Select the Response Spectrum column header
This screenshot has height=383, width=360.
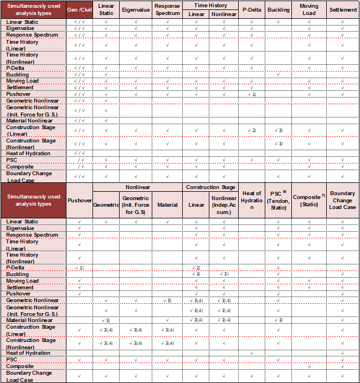[x=167, y=10]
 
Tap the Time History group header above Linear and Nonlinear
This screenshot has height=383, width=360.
[x=211, y=5]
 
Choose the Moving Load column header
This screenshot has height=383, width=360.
[x=309, y=10]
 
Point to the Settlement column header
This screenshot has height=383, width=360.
[x=343, y=10]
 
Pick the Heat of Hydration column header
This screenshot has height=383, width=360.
[x=252, y=200]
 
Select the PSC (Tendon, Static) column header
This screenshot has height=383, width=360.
[x=279, y=200]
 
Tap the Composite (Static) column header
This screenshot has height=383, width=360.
[x=309, y=200]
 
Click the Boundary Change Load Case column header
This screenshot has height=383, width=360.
[x=343, y=200]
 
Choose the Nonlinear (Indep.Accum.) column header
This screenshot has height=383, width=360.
[x=224, y=205]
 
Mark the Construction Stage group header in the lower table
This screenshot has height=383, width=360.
[x=211, y=187]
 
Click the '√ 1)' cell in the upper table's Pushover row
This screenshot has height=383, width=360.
[x=252, y=94]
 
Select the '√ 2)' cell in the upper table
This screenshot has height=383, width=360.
[x=252, y=130]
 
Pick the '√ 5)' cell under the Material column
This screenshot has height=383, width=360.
[x=167, y=300]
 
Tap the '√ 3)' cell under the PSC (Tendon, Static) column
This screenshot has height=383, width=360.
[x=279, y=320]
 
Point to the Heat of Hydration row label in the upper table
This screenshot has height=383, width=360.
[x=28, y=154]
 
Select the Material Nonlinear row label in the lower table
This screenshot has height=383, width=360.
[x=29, y=320]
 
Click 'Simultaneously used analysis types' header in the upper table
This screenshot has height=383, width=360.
[x=33, y=10]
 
